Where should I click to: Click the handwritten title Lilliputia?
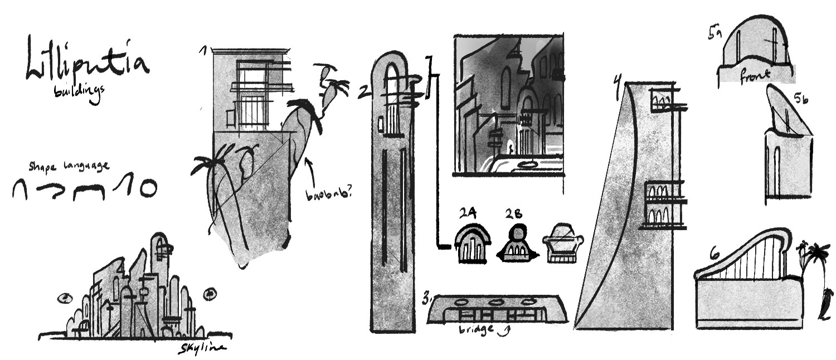(x=86, y=60)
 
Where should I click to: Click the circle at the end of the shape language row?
(x=147, y=189)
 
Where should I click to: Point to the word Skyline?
(x=201, y=348)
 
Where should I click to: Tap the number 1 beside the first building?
(x=204, y=52)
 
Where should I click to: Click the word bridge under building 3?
(x=477, y=328)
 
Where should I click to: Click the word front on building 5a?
(x=756, y=74)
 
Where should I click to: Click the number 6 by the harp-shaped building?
(x=715, y=255)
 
